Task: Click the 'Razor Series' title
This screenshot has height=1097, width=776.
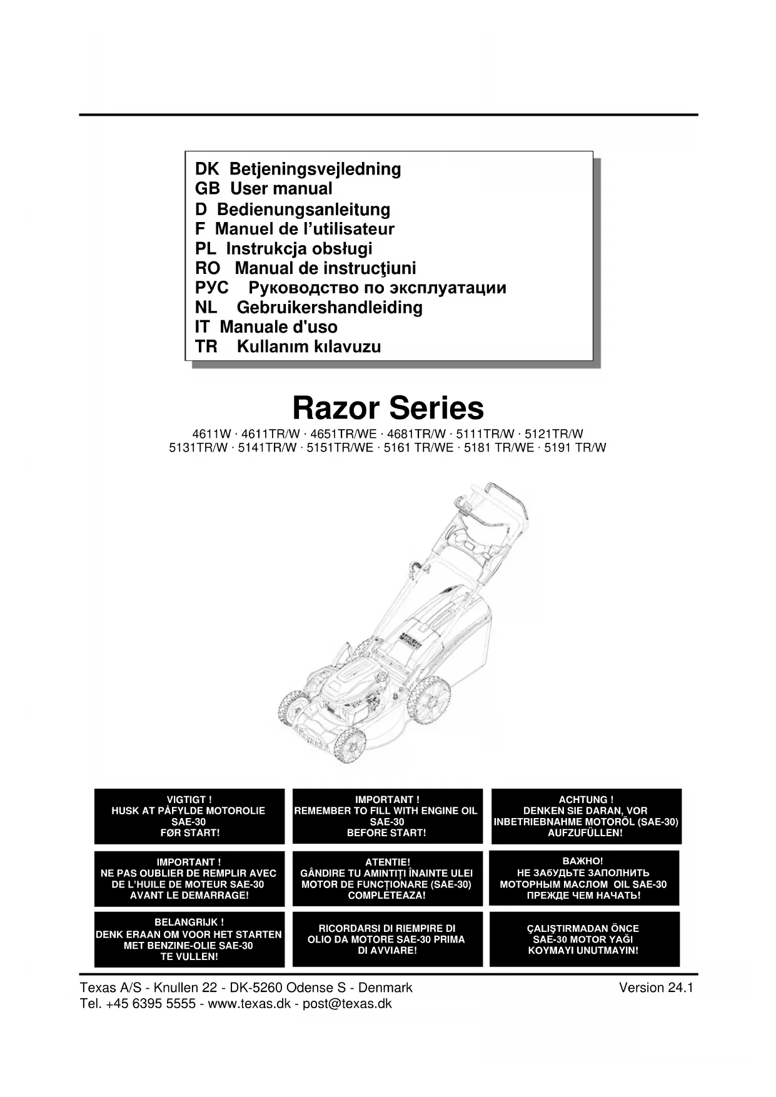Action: click(x=388, y=408)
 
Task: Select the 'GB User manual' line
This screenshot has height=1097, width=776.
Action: click(x=263, y=188)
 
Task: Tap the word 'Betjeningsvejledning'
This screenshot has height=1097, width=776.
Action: click(x=315, y=169)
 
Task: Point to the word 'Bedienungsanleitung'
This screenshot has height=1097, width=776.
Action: click(x=303, y=209)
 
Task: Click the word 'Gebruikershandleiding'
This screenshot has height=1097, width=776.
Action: click(x=330, y=307)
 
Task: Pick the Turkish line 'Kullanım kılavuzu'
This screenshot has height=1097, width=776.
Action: click(x=309, y=346)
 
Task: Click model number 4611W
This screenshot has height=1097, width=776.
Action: click(x=211, y=434)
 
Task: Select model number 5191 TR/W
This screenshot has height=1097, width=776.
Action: click(x=575, y=448)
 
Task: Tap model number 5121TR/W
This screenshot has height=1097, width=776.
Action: click(x=553, y=434)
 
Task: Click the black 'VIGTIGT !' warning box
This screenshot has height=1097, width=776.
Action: click(x=189, y=816)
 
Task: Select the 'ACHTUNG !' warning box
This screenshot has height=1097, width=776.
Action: click(x=586, y=816)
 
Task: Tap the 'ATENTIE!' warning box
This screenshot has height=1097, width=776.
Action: click(x=387, y=878)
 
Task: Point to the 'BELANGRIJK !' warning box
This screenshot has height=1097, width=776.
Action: click(x=189, y=939)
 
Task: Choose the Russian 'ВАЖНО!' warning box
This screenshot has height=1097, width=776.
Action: click(x=583, y=878)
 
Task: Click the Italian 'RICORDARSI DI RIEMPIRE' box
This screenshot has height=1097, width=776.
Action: click(x=387, y=939)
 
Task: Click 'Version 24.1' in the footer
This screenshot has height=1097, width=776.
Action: click(x=656, y=988)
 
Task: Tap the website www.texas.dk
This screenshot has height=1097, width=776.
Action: click(x=248, y=1004)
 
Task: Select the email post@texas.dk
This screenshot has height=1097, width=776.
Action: click(x=347, y=1004)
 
